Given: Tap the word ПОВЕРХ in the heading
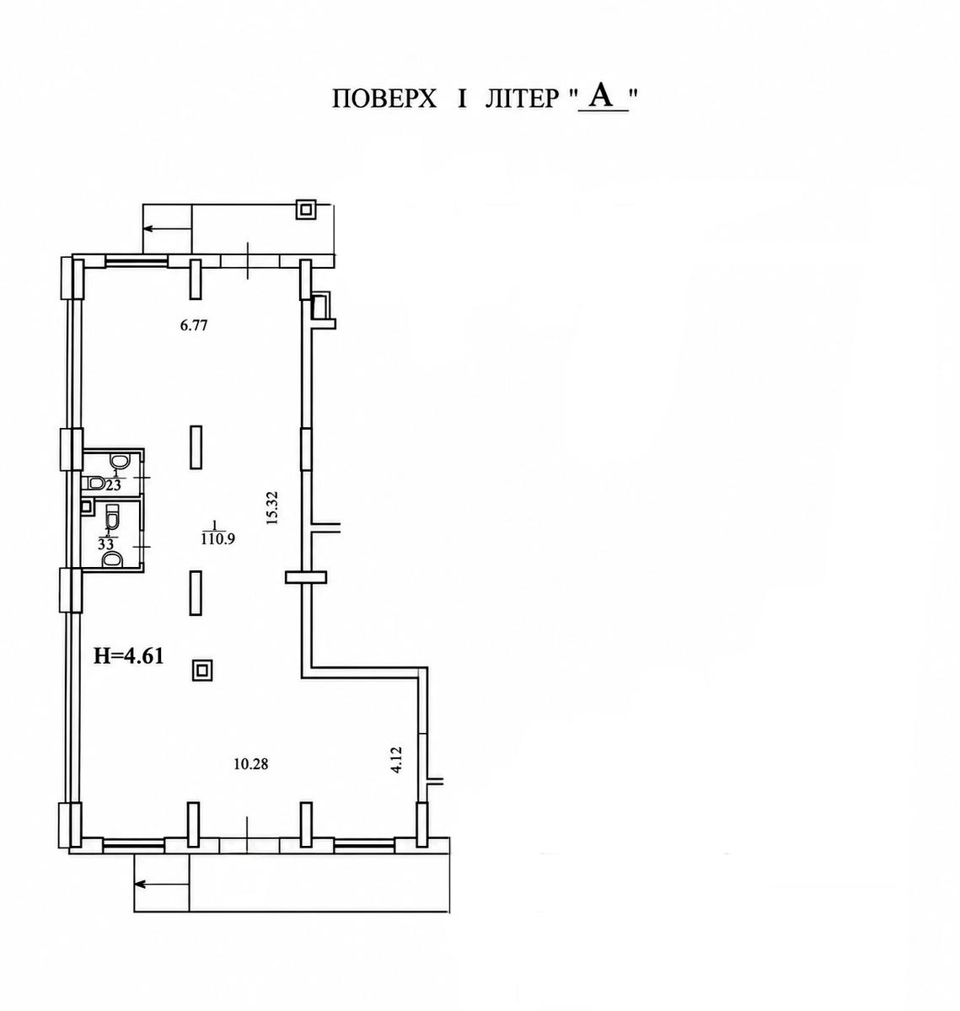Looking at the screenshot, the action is pyautogui.click(x=383, y=99).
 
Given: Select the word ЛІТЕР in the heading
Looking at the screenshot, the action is pyautogui.click(x=522, y=99).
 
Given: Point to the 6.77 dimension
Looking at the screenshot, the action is pyautogui.click(x=194, y=325).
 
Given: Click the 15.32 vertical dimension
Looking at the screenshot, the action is pyautogui.click(x=271, y=507).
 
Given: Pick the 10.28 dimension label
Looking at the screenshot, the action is pyautogui.click(x=251, y=778).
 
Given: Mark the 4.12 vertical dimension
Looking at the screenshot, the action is pyautogui.click(x=396, y=760).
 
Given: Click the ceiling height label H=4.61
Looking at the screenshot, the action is pyautogui.click(x=129, y=655).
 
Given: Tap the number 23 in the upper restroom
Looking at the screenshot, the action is pyautogui.click(x=113, y=484).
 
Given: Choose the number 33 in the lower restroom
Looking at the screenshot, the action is pyautogui.click(x=107, y=544).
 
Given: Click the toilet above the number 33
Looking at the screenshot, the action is pyautogui.click(x=113, y=516).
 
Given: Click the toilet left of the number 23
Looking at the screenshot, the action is pyautogui.click(x=96, y=483).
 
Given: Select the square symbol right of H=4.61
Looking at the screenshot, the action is pyautogui.click(x=202, y=671).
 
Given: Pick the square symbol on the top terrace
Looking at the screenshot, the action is pyautogui.click(x=306, y=210).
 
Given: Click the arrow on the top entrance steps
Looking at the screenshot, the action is pyautogui.click(x=167, y=228).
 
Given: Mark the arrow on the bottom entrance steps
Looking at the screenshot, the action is pyautogui.click(x=162, y=885).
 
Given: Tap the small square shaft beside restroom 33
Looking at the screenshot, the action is pyautogui.click(x=87, y=507).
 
